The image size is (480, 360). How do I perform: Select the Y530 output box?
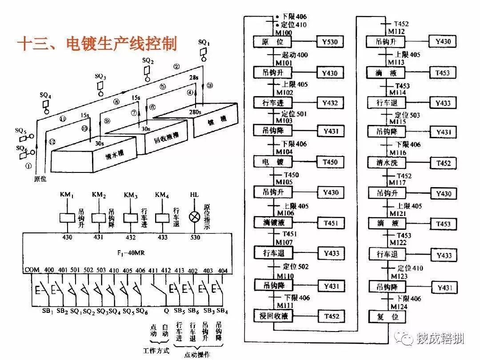tap(330, 42)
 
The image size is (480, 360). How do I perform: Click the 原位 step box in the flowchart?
tap(272, 42)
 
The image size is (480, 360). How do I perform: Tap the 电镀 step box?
tap(272, 162)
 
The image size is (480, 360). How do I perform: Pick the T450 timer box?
tap(330, 162)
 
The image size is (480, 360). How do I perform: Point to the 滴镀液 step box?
tap(272, 223)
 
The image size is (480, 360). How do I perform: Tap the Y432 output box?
tap(330, 103)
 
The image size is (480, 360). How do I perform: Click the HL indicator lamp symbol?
tap(194, 217)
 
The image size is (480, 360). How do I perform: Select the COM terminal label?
tap(32, 270)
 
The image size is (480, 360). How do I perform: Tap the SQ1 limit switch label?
tap(204, 43)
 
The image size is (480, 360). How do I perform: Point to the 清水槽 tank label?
tap(114, 154)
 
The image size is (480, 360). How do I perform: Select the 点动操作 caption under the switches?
tap(198, 354)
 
